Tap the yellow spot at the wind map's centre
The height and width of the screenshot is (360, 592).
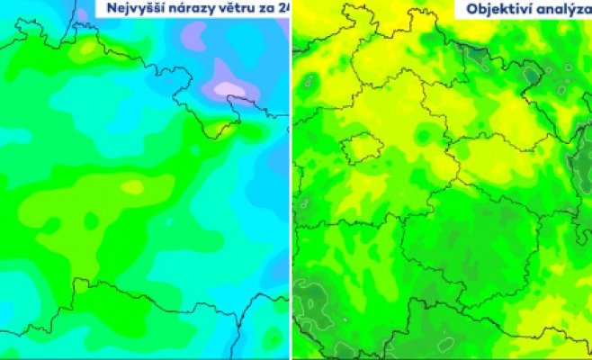tap(132, 187)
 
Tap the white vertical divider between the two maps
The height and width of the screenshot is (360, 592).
tap(291, 180)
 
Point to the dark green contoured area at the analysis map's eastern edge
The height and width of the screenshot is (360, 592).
tap(580, 162)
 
